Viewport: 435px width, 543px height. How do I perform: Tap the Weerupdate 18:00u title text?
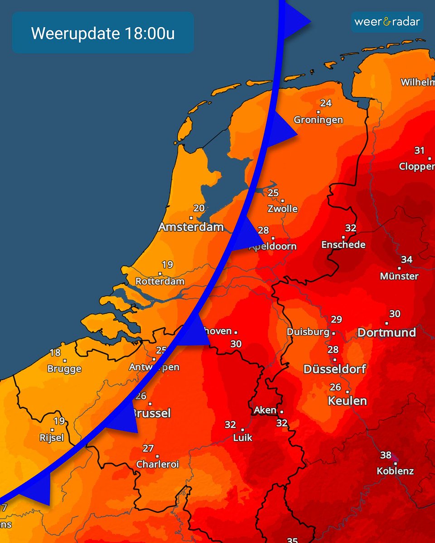pos(103,33)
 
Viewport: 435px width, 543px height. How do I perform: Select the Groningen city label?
pos(318,120)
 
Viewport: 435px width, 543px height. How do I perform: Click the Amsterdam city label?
pos(191,227)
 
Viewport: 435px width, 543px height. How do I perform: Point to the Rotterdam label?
pos(160,281)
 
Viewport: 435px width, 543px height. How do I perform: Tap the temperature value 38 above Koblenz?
pos(386,455)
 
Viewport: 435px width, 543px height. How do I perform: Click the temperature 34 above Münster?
pos(406,260)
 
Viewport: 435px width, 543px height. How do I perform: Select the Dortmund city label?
pos(387,333)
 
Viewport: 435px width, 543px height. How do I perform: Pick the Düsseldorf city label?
pos(334,369)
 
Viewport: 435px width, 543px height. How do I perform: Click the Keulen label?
pos(348,401)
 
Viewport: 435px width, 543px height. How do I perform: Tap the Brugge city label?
pos(64,369)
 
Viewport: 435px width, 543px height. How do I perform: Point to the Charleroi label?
pos(158,464)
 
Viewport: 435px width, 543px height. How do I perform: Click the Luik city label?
pos(242,438)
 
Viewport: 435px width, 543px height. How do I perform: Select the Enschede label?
pos(343,245)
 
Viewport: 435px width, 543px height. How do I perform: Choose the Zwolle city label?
pos(282,209)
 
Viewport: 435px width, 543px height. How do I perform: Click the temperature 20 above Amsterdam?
pos(199,208)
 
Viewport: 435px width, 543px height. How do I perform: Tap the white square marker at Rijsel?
pos(53,430)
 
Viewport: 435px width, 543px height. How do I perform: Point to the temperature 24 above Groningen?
pos(326,103)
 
